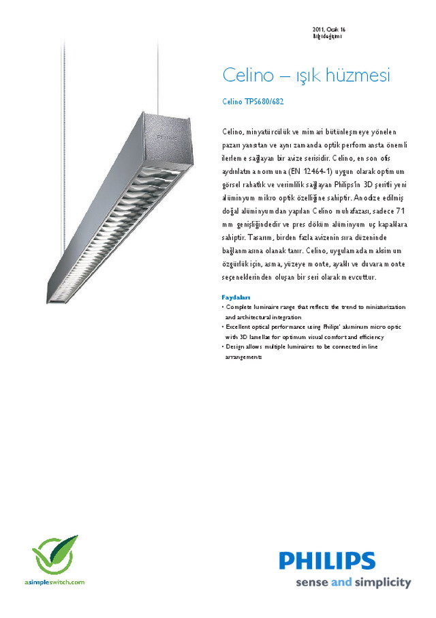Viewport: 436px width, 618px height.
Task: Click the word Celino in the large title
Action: coord(246,76)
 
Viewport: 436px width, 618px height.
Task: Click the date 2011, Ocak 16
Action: coord(329,30)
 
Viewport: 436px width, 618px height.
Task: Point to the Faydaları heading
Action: coord(236,297)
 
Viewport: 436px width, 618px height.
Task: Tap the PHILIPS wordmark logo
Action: coord(326,561)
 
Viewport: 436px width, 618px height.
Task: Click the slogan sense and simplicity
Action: coord(353,583)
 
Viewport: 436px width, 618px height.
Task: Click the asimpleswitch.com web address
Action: coord(54,582)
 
